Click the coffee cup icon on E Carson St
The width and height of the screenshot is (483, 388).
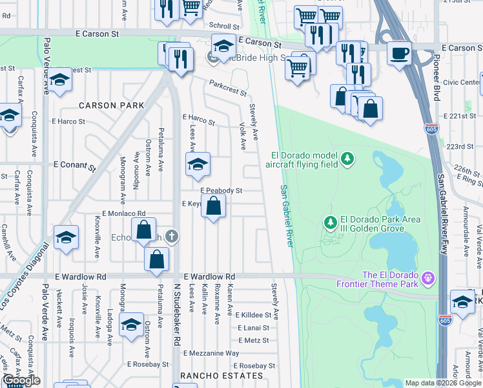coord(399,52)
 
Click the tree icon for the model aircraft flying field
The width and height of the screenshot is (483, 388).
coord(347,158)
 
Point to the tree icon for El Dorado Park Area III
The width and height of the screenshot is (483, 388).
coord(331,223)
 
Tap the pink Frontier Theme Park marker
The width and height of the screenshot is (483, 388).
coord(427,279)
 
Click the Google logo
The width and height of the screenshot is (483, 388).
coord(21,381)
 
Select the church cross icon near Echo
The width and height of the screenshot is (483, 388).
coord(171,235)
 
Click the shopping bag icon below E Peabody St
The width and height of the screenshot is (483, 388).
coord(214,207)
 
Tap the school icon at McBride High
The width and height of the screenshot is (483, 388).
coord(223,46)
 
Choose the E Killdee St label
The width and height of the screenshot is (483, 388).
coord(256,315)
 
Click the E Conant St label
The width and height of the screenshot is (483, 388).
coord(74,166)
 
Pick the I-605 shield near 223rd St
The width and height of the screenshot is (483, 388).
coord(431,129)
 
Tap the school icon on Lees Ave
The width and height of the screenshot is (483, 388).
coord(198,163)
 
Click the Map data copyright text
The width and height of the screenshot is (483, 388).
coord(443,383)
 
